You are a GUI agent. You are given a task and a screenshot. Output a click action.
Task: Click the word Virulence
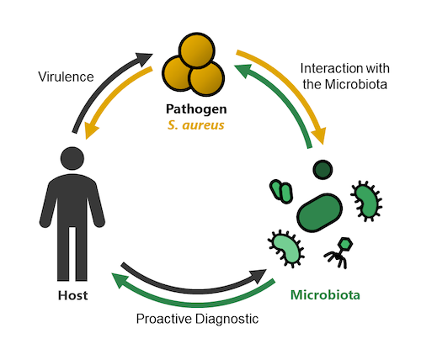(66, 77)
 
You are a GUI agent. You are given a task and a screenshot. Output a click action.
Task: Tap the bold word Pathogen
(196, 109)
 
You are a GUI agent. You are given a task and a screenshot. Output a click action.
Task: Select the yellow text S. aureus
(196, 125)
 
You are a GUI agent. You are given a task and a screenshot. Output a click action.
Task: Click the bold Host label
(73, 295)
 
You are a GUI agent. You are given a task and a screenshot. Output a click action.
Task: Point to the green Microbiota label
(325, 295)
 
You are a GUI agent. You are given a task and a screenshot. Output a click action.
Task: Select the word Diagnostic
(226, 319)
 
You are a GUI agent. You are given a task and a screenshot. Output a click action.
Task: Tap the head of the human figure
(72, 158)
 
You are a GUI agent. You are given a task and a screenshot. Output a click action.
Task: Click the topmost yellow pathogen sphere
(197, 50)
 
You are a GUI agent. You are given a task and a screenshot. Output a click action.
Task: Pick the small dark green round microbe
(322, 170)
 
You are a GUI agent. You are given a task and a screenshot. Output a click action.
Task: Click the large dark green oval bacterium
(320, 213)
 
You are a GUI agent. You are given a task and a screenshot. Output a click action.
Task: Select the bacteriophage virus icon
(338, 252)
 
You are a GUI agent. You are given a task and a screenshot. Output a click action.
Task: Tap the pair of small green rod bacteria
(281, 192)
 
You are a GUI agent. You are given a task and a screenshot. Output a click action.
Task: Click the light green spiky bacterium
(286, 248)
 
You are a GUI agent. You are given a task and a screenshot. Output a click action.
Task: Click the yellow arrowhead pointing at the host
(91, 131)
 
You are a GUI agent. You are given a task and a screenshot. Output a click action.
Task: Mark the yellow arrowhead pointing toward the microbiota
(320, 135)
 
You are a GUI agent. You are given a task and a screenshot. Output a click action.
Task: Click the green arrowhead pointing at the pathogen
(243, 70)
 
